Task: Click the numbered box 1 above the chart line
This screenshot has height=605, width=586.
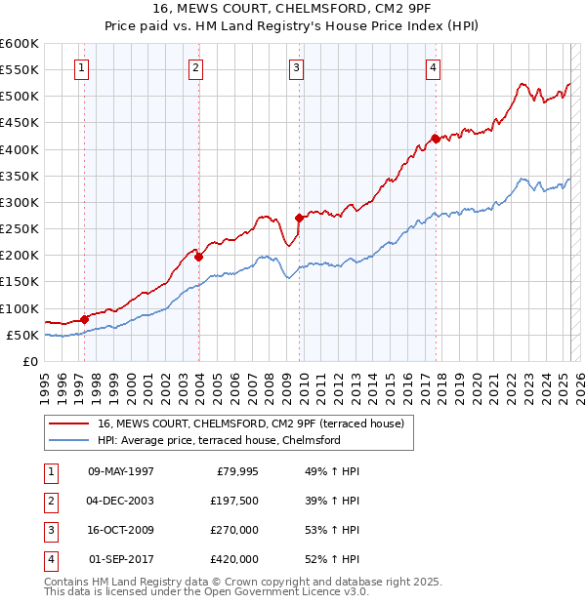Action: [80, 67]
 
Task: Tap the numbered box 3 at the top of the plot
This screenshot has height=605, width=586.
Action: [295, 67]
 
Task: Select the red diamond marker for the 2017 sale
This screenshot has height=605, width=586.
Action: [435, 139]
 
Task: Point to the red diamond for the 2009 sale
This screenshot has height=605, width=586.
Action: [299, 219]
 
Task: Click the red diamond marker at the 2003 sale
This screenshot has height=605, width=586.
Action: [198, 257]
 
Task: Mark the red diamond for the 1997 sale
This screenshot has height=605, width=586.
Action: [85, 318]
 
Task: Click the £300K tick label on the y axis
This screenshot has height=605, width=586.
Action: [19, 202]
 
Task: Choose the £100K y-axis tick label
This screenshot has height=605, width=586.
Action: [19, 308]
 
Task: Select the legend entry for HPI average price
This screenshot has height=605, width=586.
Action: [218, 440]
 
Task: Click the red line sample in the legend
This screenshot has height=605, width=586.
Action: [68, 423]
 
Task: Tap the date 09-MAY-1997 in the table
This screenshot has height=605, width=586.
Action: [120, 471]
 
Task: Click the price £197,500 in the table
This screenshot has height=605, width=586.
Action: [234, 501]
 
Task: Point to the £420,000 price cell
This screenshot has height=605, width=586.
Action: [234, 559]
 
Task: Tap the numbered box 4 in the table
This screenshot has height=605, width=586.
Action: [50, 559]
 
